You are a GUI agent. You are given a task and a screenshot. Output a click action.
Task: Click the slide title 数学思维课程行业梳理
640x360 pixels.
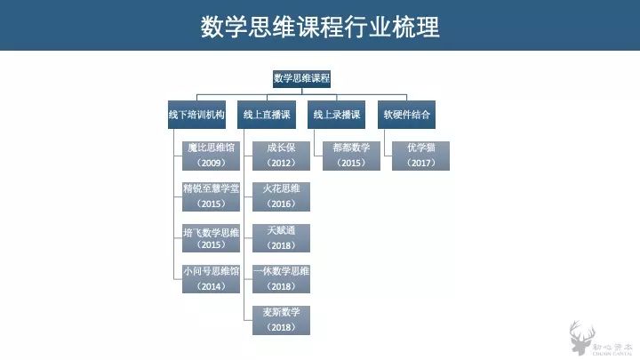320,28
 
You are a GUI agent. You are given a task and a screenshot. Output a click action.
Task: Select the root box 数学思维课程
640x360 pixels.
301,78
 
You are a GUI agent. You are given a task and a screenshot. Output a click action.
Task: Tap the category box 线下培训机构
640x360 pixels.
196,115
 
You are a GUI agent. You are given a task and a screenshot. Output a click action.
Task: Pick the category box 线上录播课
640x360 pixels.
337,115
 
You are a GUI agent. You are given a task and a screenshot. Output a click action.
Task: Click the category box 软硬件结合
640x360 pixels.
407,115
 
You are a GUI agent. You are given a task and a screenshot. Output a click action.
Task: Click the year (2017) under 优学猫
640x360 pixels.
421,164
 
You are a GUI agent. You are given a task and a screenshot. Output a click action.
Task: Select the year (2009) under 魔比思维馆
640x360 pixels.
210,164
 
